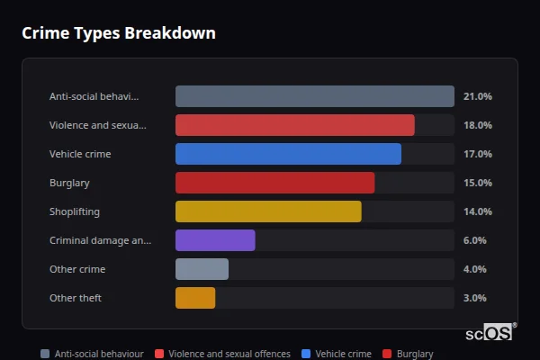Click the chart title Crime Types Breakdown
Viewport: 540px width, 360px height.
tap(118, 33)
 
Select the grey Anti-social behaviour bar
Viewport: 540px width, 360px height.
tap(314, 96)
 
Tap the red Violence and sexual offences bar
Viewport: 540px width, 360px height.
tap(294, 125)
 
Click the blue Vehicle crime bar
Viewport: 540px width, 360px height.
tap(288, 154)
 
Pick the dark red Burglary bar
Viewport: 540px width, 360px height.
tap(274, 183)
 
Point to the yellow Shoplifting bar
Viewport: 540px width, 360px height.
tap(268, 211)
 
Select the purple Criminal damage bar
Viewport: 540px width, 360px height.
tap(215, 240)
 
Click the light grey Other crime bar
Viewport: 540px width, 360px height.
tap(202, 269)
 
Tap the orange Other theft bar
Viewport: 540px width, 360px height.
tap(195, 298)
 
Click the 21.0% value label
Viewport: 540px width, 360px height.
tap(477, 96)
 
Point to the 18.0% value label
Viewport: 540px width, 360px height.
tap(477, 125)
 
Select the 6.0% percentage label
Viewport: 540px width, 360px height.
tap(474, 240)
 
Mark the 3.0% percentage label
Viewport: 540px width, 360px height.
tap(474, 298)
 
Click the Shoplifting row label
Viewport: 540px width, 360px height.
tap(75, 211)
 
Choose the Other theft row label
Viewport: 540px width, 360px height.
tap(76, 298)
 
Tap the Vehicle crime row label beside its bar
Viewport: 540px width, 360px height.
tap(80, 154)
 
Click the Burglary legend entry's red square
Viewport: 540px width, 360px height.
tap(388, 354)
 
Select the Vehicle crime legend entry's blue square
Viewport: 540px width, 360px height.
tap(307, 354)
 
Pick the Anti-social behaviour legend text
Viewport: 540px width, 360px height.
tap(99, 354)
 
